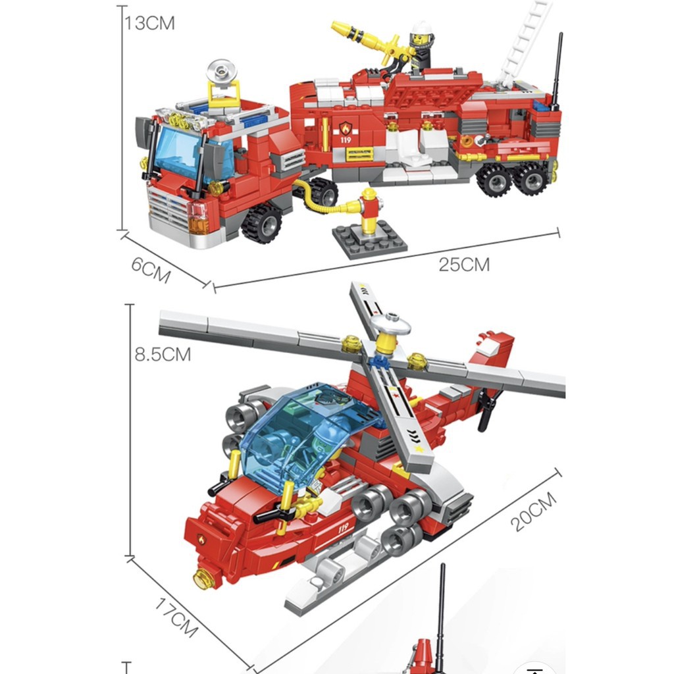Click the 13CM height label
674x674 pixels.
click(150, 23)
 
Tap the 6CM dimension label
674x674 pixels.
click(151, 270)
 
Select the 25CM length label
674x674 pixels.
click(464, 265)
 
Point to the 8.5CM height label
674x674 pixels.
click(163, 355)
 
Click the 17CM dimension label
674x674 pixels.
click(176, 617)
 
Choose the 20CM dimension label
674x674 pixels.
click(533, 512)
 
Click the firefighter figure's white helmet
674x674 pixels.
click(421, 28)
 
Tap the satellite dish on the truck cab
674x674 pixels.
click(221, 72)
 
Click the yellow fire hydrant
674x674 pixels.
click(369, 211)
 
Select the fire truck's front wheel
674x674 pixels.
click(262, 223)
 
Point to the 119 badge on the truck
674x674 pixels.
click(346, 132)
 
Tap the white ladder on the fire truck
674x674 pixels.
click(525, 43)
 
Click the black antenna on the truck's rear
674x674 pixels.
click(557, 71)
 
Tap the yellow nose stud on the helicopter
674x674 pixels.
click(204, 579)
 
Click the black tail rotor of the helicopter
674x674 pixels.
click(488, 409)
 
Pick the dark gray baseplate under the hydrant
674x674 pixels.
click(370, 240)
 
